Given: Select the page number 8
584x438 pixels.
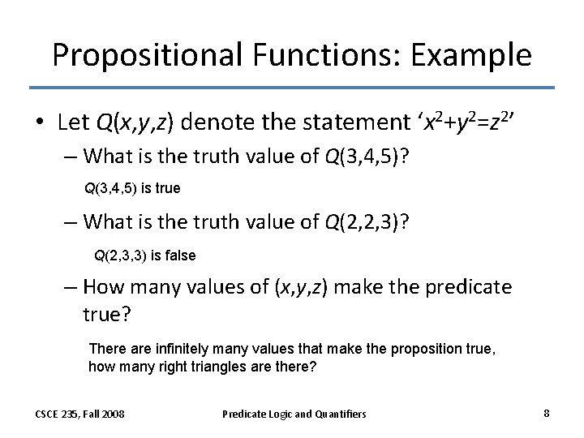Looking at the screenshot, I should pyautogui.click(x=547, y=413).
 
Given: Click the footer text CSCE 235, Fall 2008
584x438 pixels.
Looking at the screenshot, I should pyautogui.click(x=79, y=414).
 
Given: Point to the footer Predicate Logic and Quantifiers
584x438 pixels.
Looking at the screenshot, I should pyautogui.click(x=294, y=414).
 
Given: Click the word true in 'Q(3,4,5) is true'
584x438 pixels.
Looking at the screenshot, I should pyautogui.click(x=167, y=188).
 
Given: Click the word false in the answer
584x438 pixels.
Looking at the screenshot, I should pyautogui.click(x=181, y=255).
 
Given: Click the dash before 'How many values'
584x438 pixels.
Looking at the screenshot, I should pyautogui.click(x=72, y=287).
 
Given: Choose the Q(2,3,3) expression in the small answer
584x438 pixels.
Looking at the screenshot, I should pyautogui.click(x=119, y=255).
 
